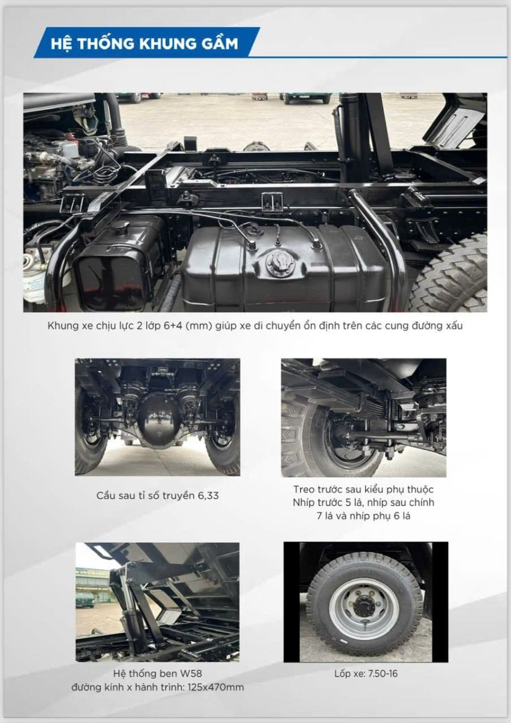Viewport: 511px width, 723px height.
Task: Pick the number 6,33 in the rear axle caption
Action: pos(209,496)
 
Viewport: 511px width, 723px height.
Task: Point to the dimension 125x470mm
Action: pos(215,687)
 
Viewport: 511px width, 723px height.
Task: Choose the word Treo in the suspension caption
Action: pos(303,489)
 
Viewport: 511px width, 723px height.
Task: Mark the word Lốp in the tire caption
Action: pos(342,674)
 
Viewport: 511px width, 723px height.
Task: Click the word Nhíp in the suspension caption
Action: pos(302,503)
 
